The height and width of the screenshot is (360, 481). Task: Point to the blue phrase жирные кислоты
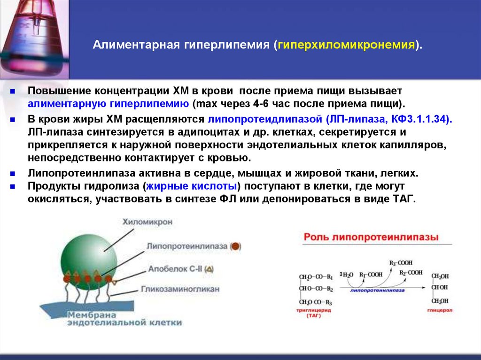pyautogui.click(x=193, y=186)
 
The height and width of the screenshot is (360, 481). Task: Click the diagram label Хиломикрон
pyautogui.click(x=147, y=222)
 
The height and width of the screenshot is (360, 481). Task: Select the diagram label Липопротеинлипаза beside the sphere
pyautogui.click(x=187, y=246)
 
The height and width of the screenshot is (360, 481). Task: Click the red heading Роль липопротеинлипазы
pyautogui.click(x=371, y=237)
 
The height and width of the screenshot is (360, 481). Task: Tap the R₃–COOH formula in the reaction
pyautogui.click(x=400, y=263)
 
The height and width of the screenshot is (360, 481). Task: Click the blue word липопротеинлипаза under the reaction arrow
pyautogui.click(x=374, y=291)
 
